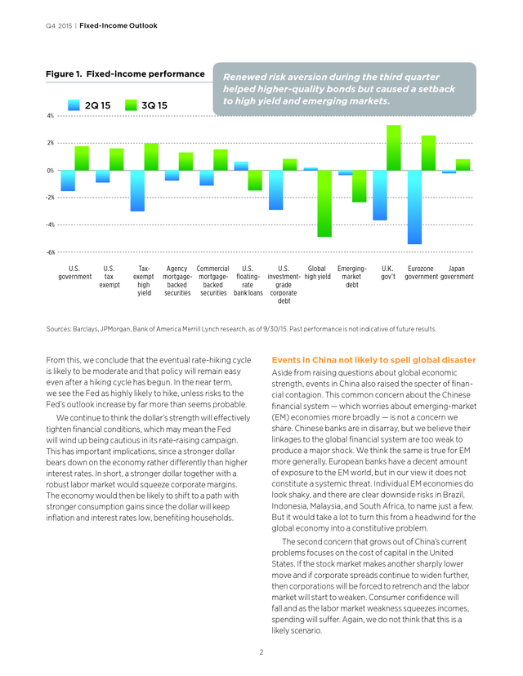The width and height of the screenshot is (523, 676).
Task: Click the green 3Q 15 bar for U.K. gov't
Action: (394, 148)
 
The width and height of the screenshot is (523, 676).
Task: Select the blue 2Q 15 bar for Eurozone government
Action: (414, 207)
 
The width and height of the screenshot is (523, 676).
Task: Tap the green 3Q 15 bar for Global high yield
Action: (324, 203)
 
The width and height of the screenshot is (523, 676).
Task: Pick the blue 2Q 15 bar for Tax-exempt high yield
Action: (137, 190)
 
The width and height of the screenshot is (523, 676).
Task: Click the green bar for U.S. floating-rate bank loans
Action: (255, 180)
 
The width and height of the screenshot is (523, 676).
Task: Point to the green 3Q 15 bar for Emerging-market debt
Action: (359, 186)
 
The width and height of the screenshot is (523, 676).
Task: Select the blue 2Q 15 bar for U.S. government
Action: (68, 180)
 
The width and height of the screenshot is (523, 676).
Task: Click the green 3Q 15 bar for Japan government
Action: (463, 165)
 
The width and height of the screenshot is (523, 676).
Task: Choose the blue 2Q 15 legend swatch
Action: (74, 105)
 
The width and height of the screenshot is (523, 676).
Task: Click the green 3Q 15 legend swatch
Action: (131, 105)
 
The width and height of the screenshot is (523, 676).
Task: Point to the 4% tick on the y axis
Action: (51, 116)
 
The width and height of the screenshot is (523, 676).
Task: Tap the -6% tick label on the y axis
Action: (51, 252)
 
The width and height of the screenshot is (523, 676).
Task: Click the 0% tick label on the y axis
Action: (51, 171)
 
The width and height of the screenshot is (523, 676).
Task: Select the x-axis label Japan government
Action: (457, 273)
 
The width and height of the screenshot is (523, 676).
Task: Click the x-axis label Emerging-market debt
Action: (352, 276)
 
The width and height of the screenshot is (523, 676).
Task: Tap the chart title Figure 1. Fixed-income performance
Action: (125, 73)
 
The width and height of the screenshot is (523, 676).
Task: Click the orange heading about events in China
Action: (373, 360)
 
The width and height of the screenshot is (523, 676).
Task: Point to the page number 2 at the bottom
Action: (261, 652)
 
